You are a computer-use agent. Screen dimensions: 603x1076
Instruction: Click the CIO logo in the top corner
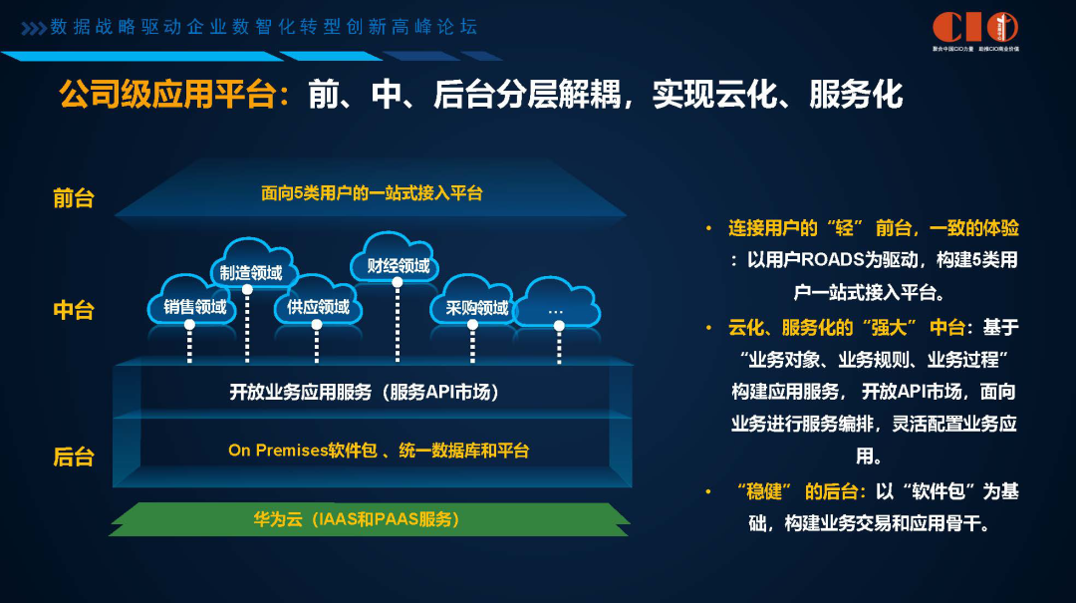click(x=974, y=29)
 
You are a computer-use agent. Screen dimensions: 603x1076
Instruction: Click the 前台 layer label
click(x=74, y=197)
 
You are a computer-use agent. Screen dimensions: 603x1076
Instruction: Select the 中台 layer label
click(x=74, y=310)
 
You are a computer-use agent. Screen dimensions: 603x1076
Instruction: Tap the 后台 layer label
click(x=74, y=456)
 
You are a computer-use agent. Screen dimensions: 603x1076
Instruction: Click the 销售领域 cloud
click(x=194, y=305)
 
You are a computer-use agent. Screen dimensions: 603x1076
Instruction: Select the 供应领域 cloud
click(x=318, y=304)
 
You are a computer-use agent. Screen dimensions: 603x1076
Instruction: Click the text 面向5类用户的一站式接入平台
click(x=372, y=193)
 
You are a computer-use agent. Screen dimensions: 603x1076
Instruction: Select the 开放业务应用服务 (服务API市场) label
click(x=365, y=392)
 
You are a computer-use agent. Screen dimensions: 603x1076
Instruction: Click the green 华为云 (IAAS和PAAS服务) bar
click(x=370, y=519)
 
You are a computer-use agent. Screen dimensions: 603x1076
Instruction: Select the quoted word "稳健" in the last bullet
click(x=769, y=491)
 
